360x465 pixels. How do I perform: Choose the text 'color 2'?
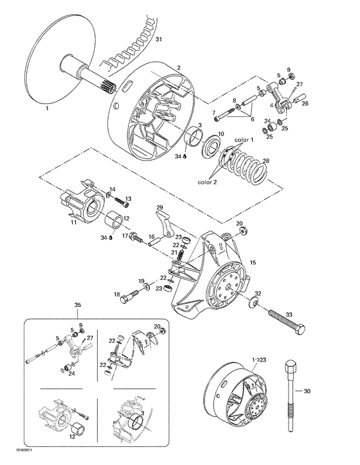[x=208, y=181]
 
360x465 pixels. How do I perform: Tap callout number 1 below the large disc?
[x=46, y=110]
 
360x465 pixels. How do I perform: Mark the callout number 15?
[x=253, y=262]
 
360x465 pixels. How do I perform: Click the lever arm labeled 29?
[x=166, y=225]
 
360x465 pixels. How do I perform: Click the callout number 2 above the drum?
[x=179, y=67]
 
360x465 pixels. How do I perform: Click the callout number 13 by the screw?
[x=127, y=198]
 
